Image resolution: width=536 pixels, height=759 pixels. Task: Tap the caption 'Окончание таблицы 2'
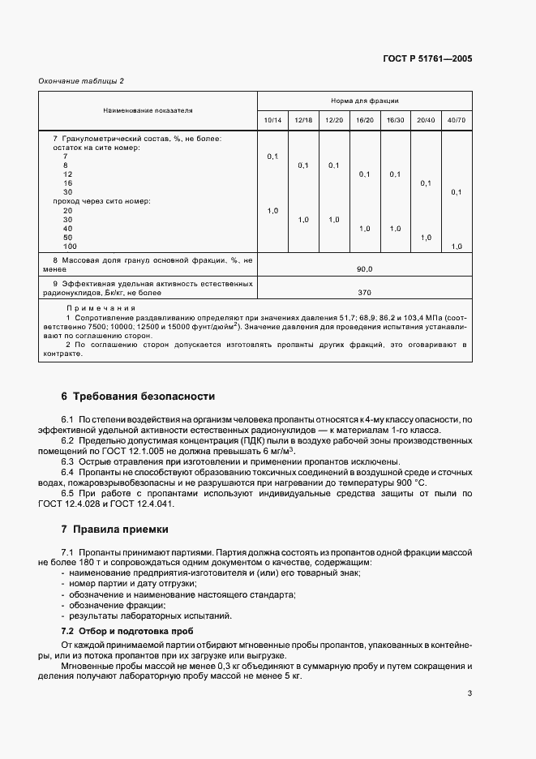tap(81, 81)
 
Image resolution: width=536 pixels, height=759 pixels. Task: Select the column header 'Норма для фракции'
tap(364, 101)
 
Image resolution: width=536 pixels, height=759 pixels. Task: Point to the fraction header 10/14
tap(272, 120)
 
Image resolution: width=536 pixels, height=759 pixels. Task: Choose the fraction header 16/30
tap(395, 120)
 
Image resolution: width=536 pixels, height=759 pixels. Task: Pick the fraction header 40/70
tap(457, 120)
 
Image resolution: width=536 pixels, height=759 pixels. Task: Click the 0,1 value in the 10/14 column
tap(272, 156)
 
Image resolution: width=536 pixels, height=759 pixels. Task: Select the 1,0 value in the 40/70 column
tap(457, 247)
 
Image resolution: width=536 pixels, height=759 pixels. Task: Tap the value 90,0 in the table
tap(364, 268)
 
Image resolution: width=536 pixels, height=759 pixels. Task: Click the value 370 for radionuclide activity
tap(364, 292)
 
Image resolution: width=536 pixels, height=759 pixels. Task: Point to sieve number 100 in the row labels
tap(70, 247)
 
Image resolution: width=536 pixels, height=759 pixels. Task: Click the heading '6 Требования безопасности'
tap(139, 397)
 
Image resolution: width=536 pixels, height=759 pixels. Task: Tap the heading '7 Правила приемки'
tap(115, 530)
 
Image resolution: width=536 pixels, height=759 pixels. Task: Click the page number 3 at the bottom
tap(470, 693)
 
